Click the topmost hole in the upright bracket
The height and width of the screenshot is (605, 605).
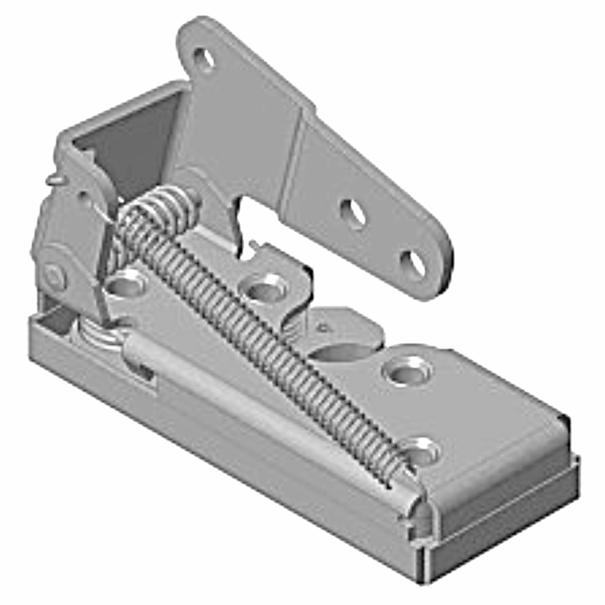[x=204, y=59]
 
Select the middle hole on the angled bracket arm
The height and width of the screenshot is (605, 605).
[x=353, y=213]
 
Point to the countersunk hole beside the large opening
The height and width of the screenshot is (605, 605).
[x=405, y=370]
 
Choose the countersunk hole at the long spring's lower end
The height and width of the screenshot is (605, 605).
[x=422, y=451]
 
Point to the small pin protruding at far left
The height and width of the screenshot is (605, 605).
[x=53, y=179]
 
